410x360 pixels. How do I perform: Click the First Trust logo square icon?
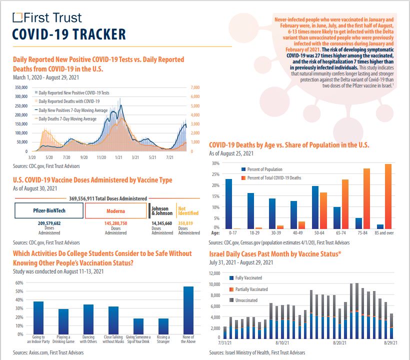[17, 18]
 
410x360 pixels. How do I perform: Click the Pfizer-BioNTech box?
[49, 211]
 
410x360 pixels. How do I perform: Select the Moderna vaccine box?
[115, 211]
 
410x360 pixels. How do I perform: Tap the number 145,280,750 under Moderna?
[115, 223]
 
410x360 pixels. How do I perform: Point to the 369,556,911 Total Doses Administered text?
[108, 198]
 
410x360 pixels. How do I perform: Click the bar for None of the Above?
[188, 310]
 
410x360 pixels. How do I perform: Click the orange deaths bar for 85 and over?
[388, 196]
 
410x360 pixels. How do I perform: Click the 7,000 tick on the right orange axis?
[195, 87]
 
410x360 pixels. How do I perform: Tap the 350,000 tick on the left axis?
[20, 87]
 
